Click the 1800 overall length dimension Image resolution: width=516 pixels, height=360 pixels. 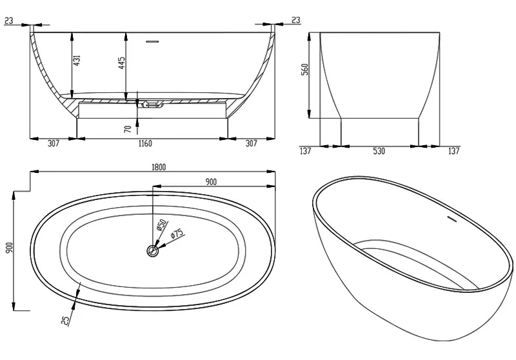[x=159, y=167]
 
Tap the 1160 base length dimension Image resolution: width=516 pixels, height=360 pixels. [x=145, y=143]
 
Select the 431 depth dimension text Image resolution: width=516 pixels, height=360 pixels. [x=76, y=61]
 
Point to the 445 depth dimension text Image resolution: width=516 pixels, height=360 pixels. [x=121, y=63]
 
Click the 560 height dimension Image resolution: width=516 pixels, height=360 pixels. [x=305, y=70]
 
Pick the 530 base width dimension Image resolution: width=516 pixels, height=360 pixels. [x=379, y=151]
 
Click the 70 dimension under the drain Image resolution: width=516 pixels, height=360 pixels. [x=128, y=129]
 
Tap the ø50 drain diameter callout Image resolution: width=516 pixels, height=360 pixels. [x=162, y=225]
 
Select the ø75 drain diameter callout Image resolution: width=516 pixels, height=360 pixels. [x=177, y=234]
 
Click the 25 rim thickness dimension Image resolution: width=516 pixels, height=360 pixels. [x=66, y=320]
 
